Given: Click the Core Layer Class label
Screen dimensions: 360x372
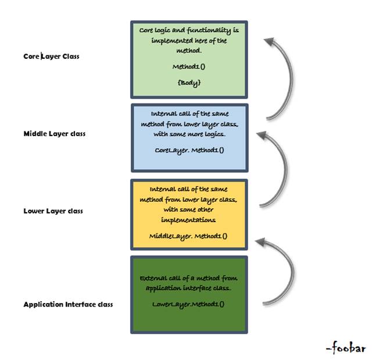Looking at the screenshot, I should (51, 56).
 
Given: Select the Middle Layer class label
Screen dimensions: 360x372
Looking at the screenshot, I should (54, 134).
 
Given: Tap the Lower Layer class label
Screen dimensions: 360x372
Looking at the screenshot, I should (53, 211).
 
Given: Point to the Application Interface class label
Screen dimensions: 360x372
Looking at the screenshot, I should (68, 304).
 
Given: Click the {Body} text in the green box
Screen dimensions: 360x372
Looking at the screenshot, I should (189, 83).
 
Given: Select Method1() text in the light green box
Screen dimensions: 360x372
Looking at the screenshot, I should (189, 67).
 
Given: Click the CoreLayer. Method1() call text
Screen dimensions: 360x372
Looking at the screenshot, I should (189, 150).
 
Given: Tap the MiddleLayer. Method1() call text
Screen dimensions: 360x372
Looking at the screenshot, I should (188, 236).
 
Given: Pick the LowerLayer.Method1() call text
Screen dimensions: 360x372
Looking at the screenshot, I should (188, 304).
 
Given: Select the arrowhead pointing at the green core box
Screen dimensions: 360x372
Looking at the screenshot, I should (269, 42).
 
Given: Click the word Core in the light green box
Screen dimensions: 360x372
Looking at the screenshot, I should (148, 28).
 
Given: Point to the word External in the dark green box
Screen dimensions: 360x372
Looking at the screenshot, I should (153, 278).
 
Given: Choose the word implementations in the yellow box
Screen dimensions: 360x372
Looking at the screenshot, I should (189, 220).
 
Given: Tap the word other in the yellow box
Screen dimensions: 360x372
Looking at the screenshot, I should (208, 210).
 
